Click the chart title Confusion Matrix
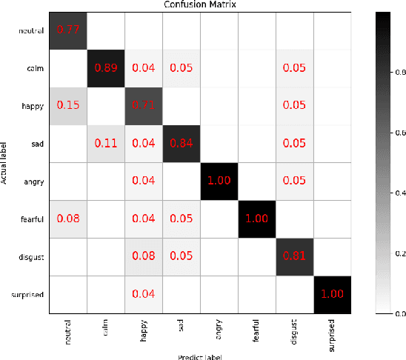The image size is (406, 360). pyautogui.click(x=200, y=6)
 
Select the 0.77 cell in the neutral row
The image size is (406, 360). pyautogui.click(x=67, y=31)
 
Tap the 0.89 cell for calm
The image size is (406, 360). pyautogui.click(x=105, y=69)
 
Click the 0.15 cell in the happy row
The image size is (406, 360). pyautogui.click(x=67, y=107)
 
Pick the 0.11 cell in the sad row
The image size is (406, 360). pyautogui.click(x=105, y=144)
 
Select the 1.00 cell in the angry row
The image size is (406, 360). pyautogui.click(x=219, y=182)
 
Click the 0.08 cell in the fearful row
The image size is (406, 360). pyautogui.click(x=67, y=220)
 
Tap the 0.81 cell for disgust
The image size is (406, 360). pyautogui.click(x=294, y=258)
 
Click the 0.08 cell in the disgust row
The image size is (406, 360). pyautogui.click(x=143, y=258)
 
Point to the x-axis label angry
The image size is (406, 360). pyautogui.click(x=219, y=327)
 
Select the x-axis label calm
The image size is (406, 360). pyautogui.click(x=105, y=326)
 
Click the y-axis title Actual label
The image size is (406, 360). pyautogui.click(x=5, y=163)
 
